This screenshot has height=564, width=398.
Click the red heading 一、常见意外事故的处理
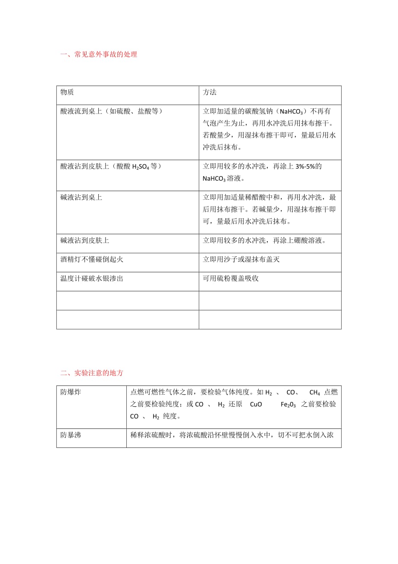click(99, 55)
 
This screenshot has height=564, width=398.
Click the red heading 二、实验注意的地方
click(92, 373)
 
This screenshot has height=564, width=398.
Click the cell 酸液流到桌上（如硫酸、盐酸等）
click(112, 111)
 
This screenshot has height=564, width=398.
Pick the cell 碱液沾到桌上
click(81, 198)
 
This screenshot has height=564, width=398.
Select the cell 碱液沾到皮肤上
click(85, 240)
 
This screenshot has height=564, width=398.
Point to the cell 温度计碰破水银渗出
click(92, 279)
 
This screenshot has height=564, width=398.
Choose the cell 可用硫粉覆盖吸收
click(231, 279)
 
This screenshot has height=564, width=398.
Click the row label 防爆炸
click(71, 392)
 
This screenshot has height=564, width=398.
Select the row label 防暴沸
click(71, 435)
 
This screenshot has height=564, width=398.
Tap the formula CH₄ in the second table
click(315, 393)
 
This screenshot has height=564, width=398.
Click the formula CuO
click(256, 405)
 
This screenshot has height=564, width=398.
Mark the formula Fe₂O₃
click(288, 405)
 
